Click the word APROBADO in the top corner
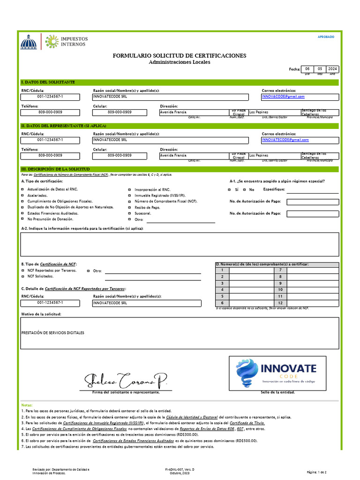326,37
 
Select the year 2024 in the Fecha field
332,68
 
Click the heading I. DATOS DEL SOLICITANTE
48,82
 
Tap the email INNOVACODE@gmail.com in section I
283,97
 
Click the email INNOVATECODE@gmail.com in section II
285,140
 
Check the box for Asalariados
22,195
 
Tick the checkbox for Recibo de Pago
129,207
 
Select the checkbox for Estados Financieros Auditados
22,213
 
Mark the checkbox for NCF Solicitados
22,277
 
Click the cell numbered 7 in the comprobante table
280,270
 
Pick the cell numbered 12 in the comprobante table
280,303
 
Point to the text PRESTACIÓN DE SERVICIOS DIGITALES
53,333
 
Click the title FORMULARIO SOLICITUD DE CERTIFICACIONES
179,56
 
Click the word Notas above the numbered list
27,405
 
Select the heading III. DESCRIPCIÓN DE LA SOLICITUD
55,169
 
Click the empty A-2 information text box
179,244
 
